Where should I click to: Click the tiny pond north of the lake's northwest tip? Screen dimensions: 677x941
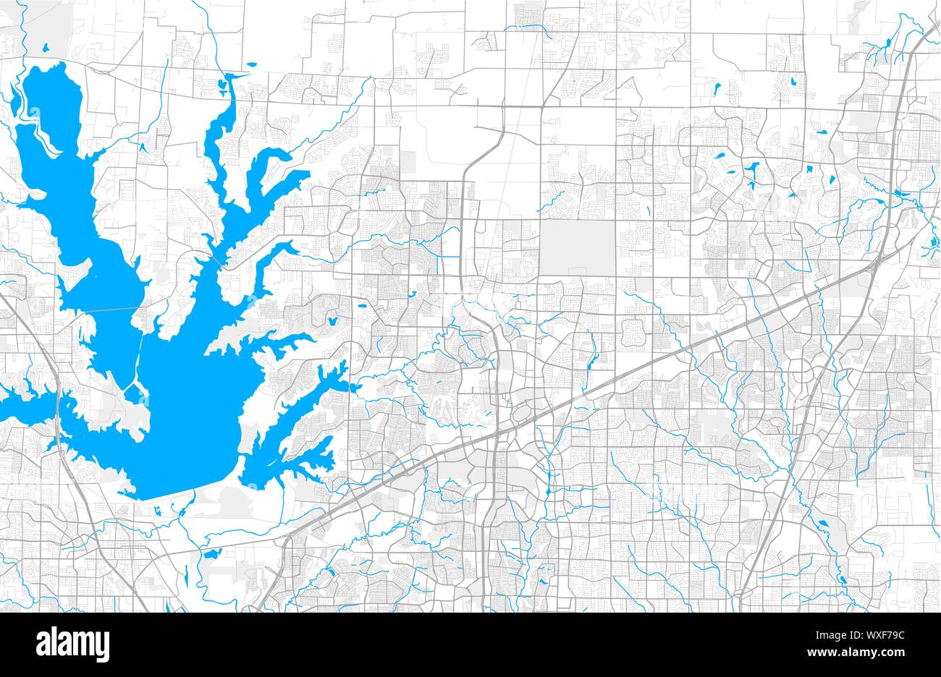tap(45, 49)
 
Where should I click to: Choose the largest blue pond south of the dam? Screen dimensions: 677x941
tap(211, 554)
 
